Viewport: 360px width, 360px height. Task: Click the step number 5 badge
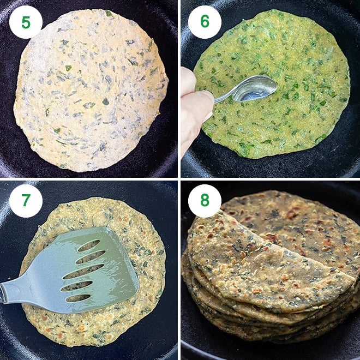pyautogui.click(x=26, y=22)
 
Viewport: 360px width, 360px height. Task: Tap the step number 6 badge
pyautogui.click(x=205, y=22)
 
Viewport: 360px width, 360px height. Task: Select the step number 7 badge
pyautogui.click(x=26, y=201)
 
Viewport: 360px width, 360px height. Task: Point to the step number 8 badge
pyautogui.click(x=205, y=201)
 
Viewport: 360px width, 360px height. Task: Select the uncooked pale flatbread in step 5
pyautogui.click(x=90, y=90)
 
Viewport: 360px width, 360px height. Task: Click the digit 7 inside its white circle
pyautogui.click(x=26, y=201)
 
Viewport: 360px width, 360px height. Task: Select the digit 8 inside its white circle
pyautogui.click(x=205, y=201)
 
